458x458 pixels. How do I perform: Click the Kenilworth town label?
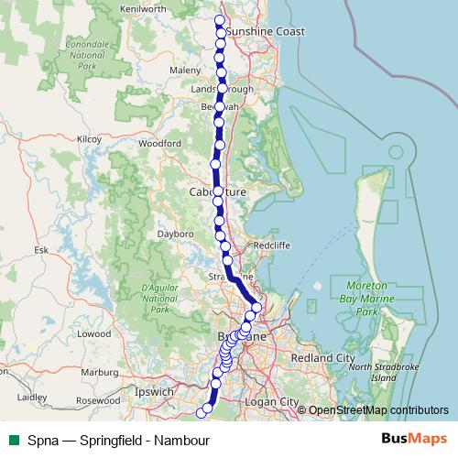pyautogui.click(x=144, y=8)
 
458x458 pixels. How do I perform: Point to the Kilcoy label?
pyautogui.click(x=89, y=139)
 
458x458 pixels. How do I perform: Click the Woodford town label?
pyautogui.click(x=159, y=144)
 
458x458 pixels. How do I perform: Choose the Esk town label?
pyautogui.click(x=40, y=249)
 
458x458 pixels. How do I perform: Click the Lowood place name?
pyautogui.click(x=94, y=334)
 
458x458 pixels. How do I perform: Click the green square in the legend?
pyautogui.click(x=13, y=439)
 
